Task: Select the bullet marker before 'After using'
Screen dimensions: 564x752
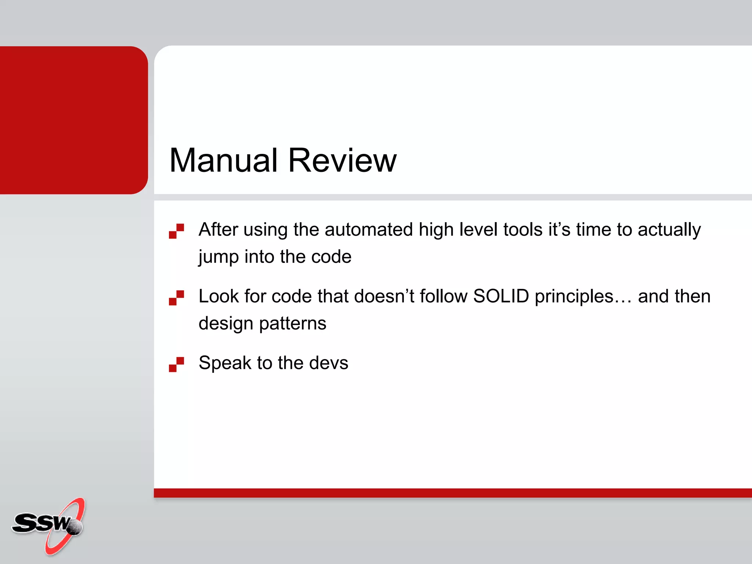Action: [176, 231]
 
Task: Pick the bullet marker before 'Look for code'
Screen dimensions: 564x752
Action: [176, 298]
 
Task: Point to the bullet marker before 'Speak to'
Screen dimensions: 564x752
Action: [176, 364]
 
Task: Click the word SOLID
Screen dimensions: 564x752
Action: [501, 296]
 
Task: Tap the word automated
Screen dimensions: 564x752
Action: [369, 229]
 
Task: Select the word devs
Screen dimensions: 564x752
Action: [328, 363]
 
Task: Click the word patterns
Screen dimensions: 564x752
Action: [293, 323]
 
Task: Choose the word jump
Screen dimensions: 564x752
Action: [218, 257]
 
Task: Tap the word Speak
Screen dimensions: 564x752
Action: [225, 364]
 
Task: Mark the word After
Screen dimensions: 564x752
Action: [218, 229]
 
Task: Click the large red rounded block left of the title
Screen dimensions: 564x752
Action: [73, 120]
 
